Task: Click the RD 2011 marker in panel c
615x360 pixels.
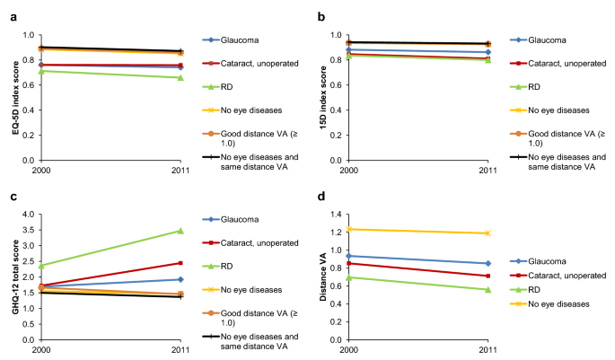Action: coord(180,231)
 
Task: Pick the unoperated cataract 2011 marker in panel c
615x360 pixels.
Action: coord(180,263)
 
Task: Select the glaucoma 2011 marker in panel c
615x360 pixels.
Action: coord(180,279)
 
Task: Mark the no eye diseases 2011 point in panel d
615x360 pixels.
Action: coord(488,233)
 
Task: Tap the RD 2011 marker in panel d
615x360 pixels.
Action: coord(488,290)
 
